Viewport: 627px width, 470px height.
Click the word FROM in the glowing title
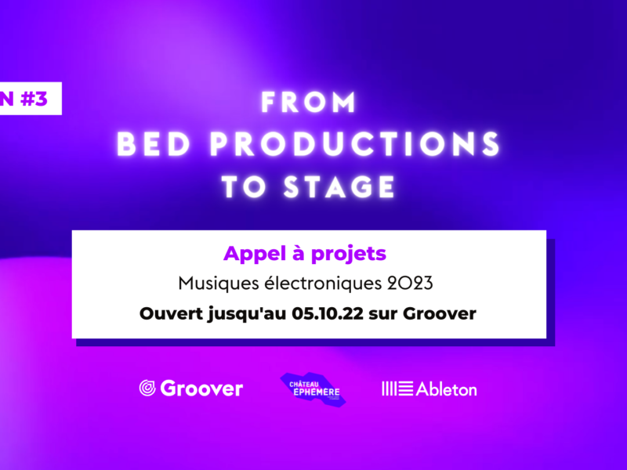point(308,103)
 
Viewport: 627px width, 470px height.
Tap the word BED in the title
point(154,144)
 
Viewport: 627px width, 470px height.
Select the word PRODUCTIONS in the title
point(355,144)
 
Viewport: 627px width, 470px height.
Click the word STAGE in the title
point(339,186)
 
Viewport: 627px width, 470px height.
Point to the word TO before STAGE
point(244,186)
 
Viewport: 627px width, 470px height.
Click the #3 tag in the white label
point(34,99)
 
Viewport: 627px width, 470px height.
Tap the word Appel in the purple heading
point(256,254)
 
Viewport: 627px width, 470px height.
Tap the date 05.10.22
point(328,313)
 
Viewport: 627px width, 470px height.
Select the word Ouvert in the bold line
point(171,313)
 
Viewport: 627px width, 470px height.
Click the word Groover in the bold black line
point(440,313)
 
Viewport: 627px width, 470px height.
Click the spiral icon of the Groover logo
point(147,388)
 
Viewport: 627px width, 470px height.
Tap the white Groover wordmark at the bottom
point(201,389)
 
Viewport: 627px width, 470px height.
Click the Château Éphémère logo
point(313,389)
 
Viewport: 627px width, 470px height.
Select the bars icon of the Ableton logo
point(397,389)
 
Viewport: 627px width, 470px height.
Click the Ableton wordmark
point(446,389)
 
